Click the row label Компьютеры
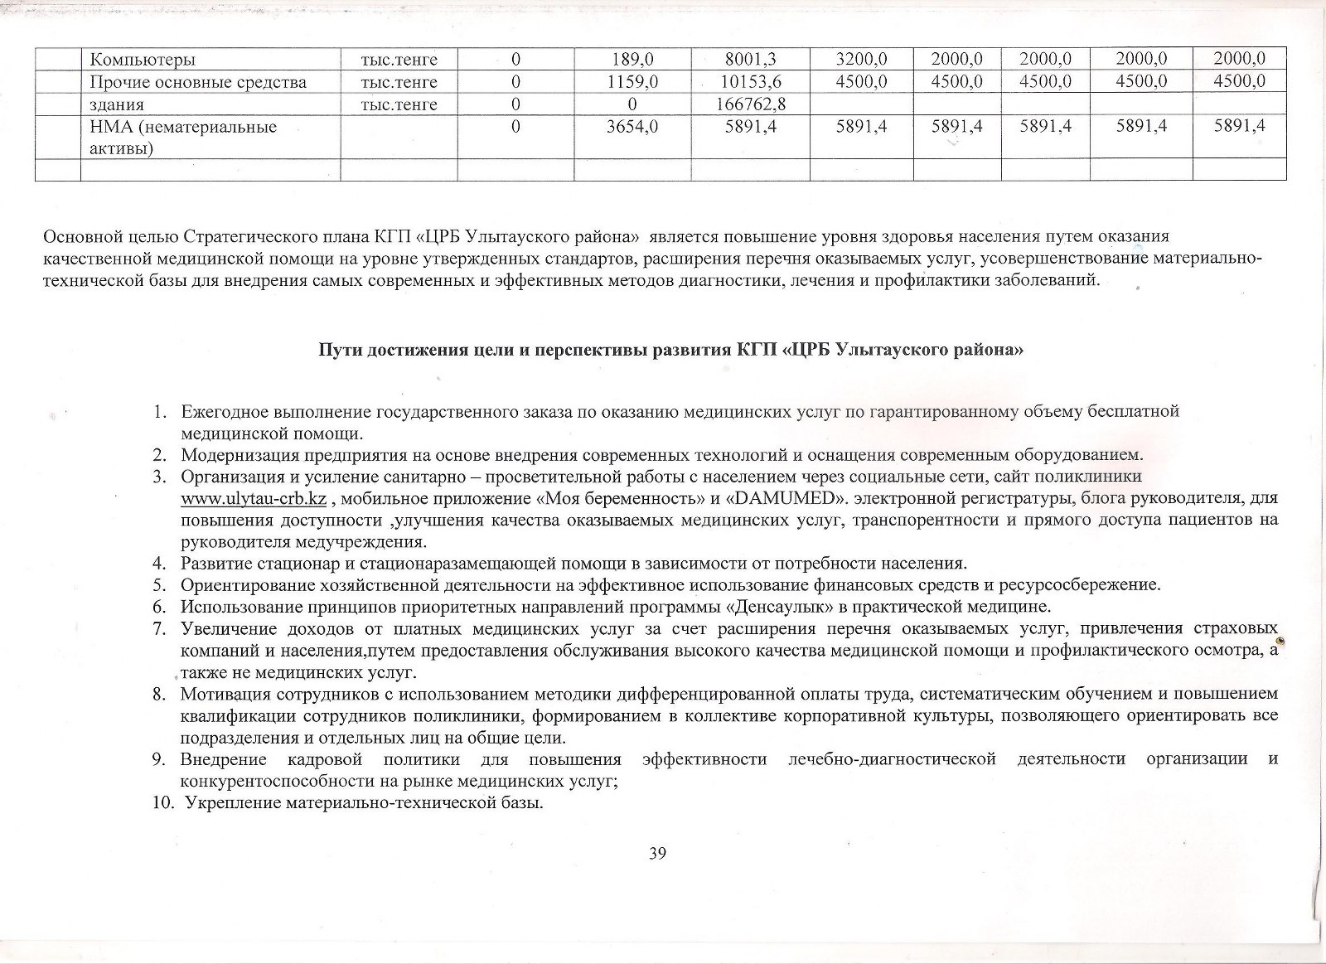143,59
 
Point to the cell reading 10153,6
749,81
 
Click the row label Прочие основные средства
198,81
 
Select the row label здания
117,104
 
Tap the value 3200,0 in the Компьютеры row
861,59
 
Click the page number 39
659,854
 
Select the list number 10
160,803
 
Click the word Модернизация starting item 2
235,454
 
